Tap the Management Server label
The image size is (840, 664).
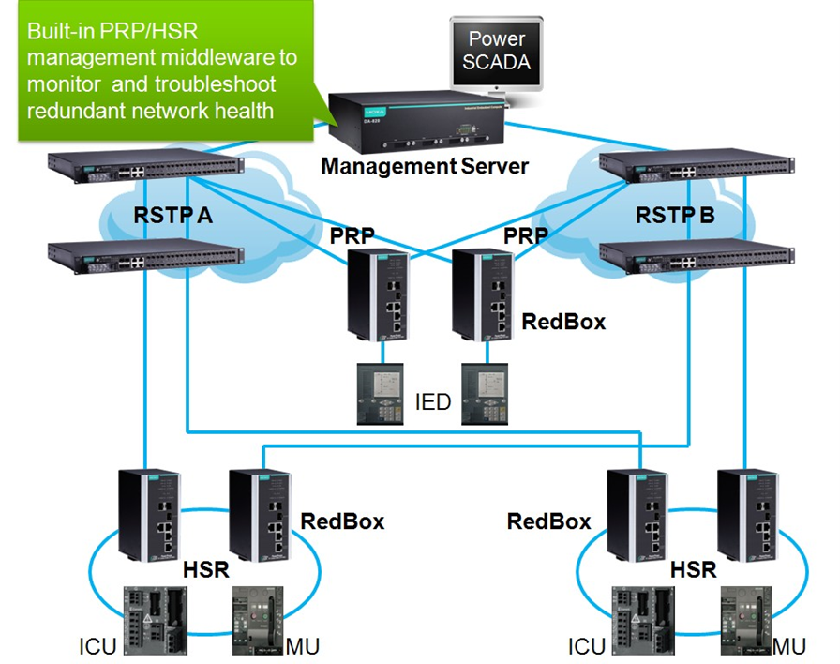click(425, 166)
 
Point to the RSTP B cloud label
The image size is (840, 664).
click(675, 216)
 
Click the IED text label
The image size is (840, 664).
click(432, 402)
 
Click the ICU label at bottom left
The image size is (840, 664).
click(97, 646)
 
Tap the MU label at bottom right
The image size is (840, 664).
click(789, 646)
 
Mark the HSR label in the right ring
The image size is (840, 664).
click(693, 569)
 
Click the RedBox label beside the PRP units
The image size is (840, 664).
click(563, 322)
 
